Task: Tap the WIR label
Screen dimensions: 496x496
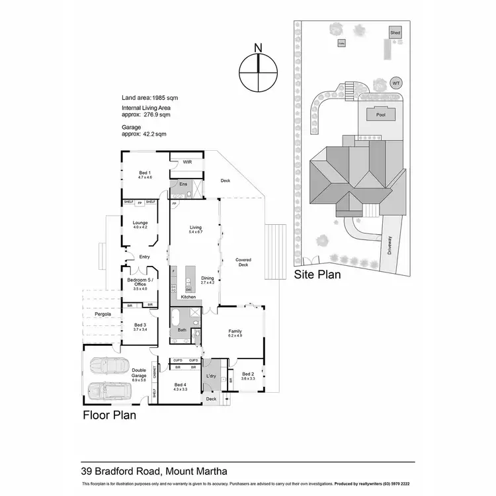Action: point(187,161)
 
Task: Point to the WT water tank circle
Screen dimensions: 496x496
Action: point(396,83)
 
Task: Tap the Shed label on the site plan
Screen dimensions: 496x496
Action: point(395,32)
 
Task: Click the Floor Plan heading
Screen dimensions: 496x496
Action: point(109,416)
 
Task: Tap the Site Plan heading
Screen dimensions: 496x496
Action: point(317,274)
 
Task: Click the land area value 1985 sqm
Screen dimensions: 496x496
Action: point(164,98)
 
